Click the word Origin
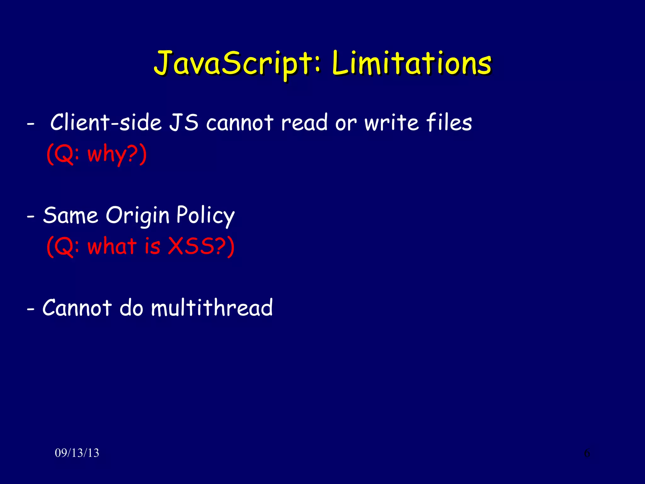pos(137,216)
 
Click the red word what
pos(112,246)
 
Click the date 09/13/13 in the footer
pos(77,453)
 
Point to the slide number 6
pos(587,453)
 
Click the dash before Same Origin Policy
pos(31,217)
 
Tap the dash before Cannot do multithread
pos(31,309)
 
